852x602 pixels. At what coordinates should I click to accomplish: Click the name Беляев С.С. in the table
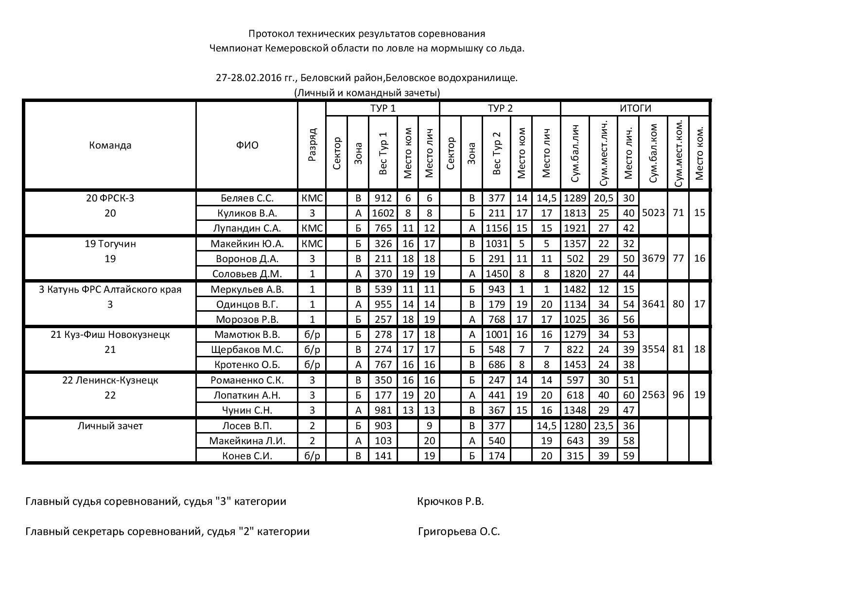[247, 198]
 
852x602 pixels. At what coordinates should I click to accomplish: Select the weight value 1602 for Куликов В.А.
[383, 213]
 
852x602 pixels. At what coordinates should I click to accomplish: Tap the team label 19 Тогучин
[110, 244]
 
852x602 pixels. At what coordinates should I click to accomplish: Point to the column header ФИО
[247, 145]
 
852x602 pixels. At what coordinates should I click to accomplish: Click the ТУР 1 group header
[383, 108]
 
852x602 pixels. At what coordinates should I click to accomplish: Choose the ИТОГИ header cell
[635, 108]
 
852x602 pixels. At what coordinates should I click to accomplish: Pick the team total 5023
[653, 213]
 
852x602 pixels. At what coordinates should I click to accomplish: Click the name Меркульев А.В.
[247, 289]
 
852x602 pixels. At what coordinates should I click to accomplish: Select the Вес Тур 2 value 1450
[496, 274]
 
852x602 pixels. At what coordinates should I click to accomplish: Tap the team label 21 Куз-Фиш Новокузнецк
[110, 334]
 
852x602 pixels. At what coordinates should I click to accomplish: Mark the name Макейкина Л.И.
[247, 441]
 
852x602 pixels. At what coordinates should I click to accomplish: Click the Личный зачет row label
[110, 426]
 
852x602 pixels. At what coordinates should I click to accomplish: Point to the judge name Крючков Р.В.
[450, 502]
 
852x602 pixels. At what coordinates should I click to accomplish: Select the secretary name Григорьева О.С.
[458, 532]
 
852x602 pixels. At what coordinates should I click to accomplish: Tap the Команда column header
[110, 145]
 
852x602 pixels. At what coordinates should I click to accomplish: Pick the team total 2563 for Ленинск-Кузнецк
[653, 395]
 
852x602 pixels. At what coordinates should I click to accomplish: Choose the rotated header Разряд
[312, 144]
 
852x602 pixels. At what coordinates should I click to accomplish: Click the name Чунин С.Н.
[247, 410]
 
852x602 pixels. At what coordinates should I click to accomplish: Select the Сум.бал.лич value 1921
[574, 228]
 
